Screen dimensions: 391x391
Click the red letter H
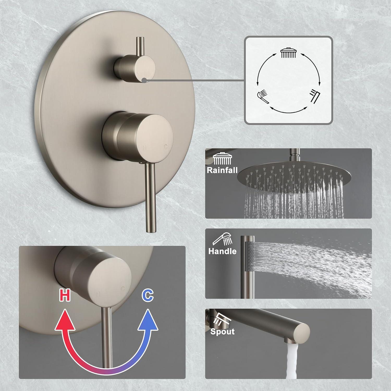65,295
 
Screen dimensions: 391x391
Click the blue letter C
148,295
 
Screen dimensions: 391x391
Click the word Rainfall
222,170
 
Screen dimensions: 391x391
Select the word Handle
222,251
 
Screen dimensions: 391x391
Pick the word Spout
222,332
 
